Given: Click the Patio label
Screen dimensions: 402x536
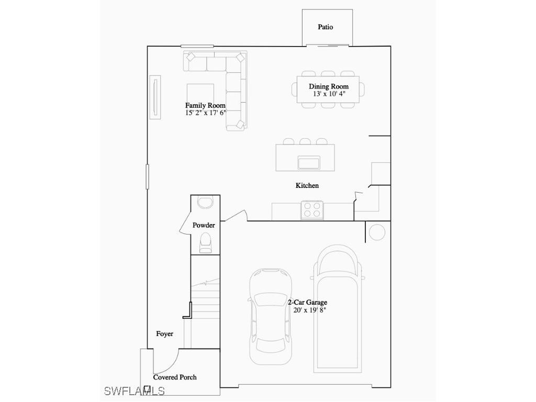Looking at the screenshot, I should tap(325, 27).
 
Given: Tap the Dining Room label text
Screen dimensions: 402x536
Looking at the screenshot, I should tap(328, 86).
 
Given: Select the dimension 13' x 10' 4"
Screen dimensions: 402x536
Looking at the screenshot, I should tap(329, 94).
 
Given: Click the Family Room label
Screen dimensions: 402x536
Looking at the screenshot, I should tap(205, 105).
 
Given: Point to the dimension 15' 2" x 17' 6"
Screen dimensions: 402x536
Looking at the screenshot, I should tap(205, 113).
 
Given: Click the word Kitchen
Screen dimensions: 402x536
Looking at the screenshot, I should tap(307, 185).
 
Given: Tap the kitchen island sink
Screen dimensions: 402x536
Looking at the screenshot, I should tap(309, 162).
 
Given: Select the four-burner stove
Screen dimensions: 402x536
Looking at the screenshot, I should tap(312, 210).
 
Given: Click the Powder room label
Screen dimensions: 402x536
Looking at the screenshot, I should tap(204, 225).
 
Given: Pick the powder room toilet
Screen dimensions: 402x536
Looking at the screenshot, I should tap(205, 242).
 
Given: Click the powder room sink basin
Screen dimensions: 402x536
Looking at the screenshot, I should tap(205, 203).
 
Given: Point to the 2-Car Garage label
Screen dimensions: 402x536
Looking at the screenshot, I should tap(307, 302).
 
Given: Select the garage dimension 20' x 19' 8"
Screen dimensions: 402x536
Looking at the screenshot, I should tap(310, 310).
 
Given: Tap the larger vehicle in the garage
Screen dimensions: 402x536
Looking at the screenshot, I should tap(337, 309).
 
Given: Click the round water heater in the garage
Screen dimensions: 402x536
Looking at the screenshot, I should tap(377, 232).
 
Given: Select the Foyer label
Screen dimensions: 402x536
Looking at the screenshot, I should tap(164, 333).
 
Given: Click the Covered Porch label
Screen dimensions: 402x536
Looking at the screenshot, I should tap(175, 377).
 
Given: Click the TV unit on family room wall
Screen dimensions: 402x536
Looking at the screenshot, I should tap(155, 97).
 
